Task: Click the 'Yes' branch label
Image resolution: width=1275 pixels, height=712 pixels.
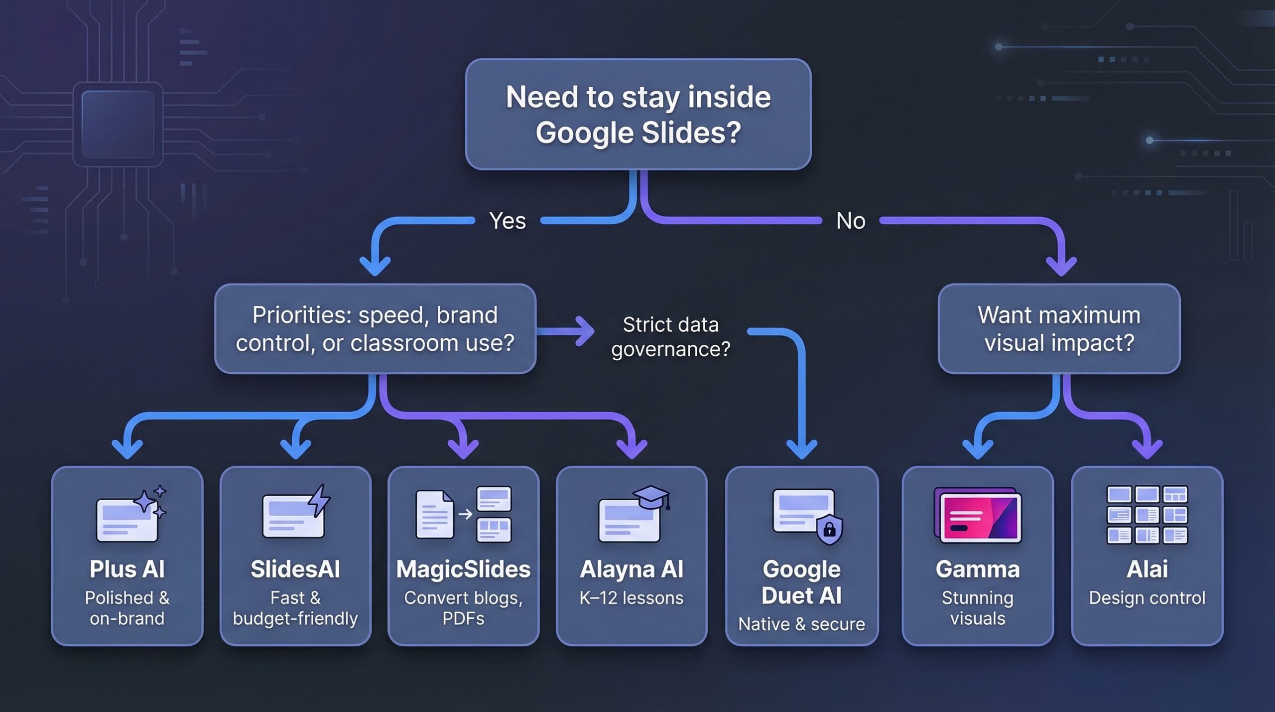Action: (507, 221)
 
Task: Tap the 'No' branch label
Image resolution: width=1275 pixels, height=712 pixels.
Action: (851, 221)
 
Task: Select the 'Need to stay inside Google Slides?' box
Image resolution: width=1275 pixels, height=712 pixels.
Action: (638, 114)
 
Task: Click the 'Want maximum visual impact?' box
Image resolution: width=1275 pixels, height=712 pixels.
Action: (1059, 328)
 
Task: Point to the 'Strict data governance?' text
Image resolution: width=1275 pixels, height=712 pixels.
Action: (670, 337)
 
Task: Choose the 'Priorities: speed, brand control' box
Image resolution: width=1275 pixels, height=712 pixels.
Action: (375, 328)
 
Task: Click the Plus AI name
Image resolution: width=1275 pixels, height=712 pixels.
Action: (127, 569)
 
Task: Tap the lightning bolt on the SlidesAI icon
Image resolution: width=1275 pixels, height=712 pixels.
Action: (319, 501)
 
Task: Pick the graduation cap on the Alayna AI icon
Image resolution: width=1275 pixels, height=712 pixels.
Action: (651, 497)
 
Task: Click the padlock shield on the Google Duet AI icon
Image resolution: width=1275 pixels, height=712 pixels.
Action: (829, 529)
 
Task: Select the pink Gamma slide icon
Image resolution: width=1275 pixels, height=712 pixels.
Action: (978, 515)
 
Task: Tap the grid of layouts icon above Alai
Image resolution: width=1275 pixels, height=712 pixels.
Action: (1147, 515)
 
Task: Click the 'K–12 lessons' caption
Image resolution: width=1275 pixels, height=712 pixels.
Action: (632, 598)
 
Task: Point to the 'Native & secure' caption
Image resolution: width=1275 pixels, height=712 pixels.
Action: (801, 624)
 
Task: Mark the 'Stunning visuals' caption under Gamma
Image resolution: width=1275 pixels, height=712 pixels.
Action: (978, 608)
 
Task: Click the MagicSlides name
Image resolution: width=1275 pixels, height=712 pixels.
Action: (463, 570)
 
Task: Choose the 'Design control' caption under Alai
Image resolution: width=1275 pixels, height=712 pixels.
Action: (1147, 598)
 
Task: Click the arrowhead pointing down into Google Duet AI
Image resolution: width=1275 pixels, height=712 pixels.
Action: (801, 449)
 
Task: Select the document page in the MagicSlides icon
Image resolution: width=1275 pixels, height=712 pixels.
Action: (434, 514)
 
